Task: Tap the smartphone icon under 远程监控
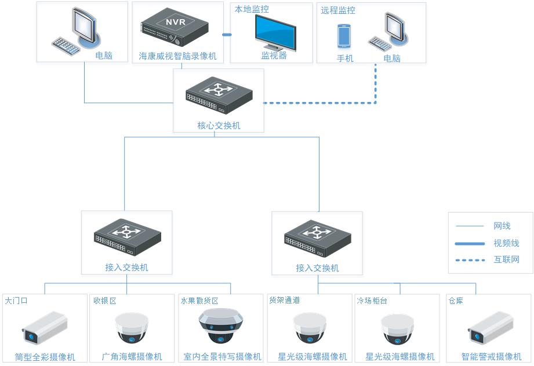tap(344, 36)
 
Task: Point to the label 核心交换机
tap(219, 125)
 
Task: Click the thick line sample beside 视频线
tap(470, 243)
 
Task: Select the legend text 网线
tap(502, 226)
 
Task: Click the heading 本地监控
tap(252, 9)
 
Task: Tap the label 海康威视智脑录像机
tap(177, 56)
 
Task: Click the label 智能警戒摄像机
tap(491, 356)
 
